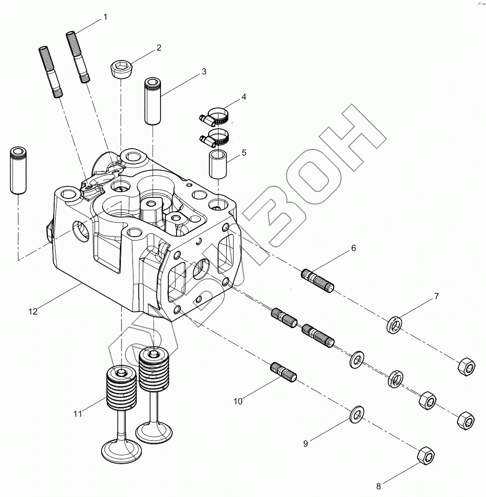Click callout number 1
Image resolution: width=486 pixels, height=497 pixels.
click(x=105, y=17)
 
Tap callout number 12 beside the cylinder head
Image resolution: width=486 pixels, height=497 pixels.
click(x=33, y=312)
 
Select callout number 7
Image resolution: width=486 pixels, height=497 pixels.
click(x=436, y=296)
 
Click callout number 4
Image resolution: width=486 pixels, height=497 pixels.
click(x=244, y=97)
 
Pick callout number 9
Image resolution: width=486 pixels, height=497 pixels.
click(x=305, y=443)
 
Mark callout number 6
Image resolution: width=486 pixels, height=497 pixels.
click(x=353, y=248)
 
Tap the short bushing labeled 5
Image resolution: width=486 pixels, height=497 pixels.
click(x=218, y=165)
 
